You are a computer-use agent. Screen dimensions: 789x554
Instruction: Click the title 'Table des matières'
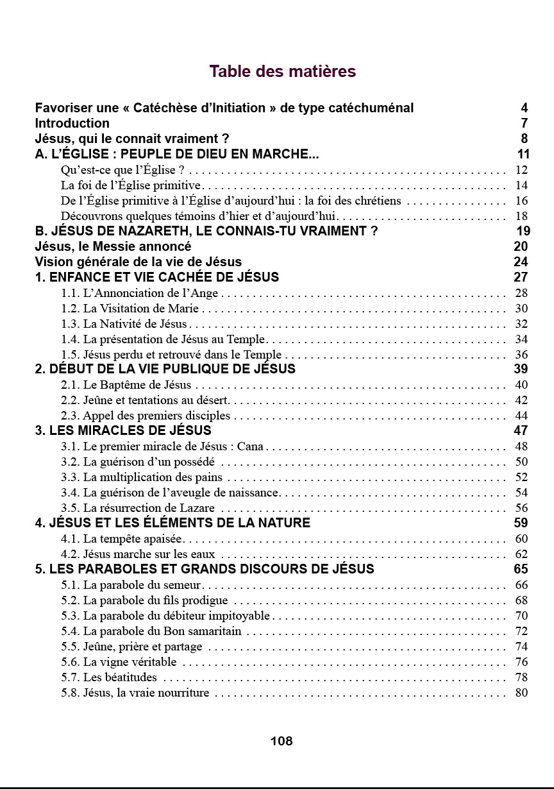click(282, 71)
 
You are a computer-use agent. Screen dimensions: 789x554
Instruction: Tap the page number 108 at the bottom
click(281, 742)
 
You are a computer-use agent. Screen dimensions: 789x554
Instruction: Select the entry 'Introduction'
click(72, 123)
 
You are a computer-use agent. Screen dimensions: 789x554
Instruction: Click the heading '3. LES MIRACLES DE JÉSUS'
click(123, 430)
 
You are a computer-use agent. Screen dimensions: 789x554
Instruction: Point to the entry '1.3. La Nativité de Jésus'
click(124, 324)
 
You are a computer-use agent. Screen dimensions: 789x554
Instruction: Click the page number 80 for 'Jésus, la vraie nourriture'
click(521, 693)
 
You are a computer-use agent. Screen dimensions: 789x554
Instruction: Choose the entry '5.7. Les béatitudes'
click(109, 677)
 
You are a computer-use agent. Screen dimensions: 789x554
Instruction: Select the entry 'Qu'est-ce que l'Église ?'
click(122, 170)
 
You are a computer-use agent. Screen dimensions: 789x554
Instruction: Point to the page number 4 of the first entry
click(524, 108)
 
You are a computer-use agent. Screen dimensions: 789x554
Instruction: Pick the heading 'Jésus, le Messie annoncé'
click(113, 246)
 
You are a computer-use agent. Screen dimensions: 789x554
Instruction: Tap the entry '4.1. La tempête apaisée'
click(122, 539)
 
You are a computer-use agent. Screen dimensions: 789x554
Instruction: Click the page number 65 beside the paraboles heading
click(520, 569)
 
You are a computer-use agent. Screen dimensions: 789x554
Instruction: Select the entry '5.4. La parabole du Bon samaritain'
click(151, 631)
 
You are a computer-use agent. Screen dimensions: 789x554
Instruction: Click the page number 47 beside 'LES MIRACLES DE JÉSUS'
click(520, 430)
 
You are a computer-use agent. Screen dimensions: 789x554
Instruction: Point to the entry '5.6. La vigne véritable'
click(119, 662)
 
